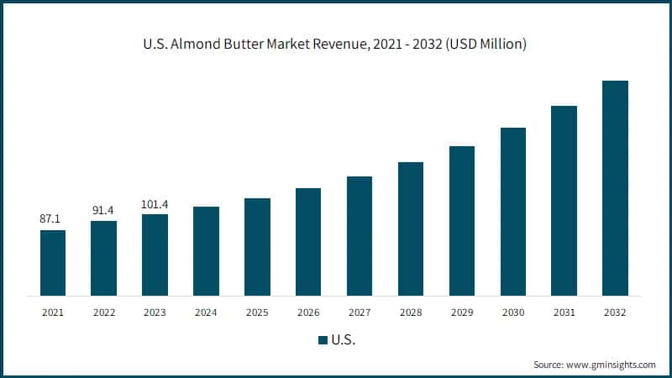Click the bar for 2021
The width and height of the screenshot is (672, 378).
coord(52,262)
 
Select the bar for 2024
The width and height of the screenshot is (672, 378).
coord(206,250)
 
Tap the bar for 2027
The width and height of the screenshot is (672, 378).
coord(359,235)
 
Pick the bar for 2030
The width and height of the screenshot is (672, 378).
coord(512,211)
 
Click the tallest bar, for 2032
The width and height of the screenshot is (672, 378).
coord(615,187)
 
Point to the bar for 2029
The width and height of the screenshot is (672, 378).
coord(461,220)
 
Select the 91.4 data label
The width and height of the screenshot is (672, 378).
coord(103,209)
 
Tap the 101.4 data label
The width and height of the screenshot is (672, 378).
coord(155,202)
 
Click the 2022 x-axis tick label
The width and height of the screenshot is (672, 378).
coord(103,312)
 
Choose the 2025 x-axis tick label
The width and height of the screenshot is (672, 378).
coord(257,312)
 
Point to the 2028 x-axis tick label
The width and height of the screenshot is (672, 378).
coord(410,312)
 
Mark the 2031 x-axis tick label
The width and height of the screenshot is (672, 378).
coord(564,312)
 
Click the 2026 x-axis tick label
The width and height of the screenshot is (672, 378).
coord(308,312)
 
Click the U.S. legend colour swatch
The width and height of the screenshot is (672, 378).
coord(322,340)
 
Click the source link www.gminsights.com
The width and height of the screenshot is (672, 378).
coord(610,365)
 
